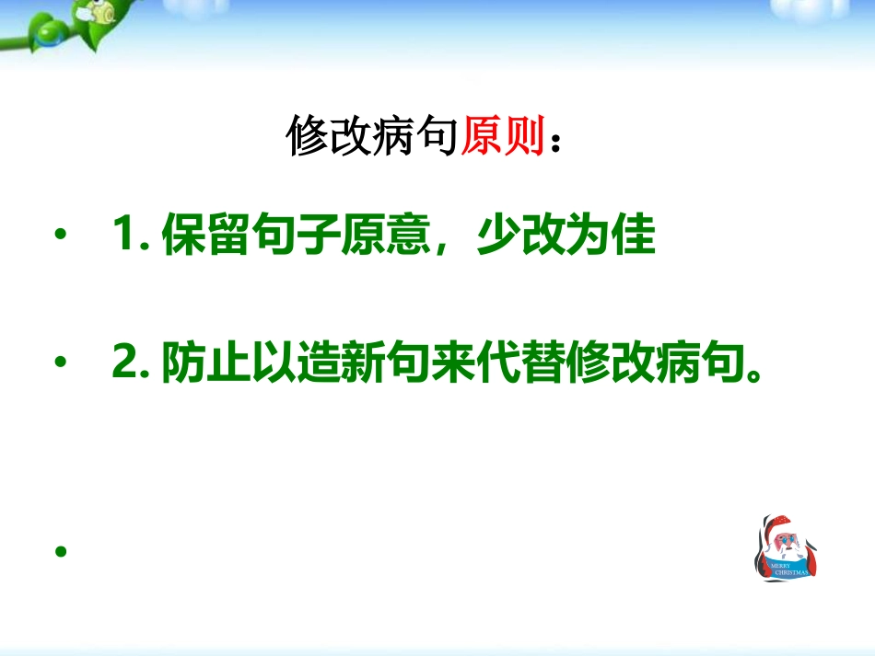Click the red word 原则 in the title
(502, 135)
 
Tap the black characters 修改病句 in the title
(372, 135)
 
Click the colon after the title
(554, 142)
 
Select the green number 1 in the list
(123, 233)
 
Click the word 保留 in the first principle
(204, 234)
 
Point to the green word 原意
(385, 234)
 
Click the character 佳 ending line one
(634, 234)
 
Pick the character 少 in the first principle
(498, 234)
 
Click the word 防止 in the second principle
(205, 362)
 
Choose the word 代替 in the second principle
(521, 362)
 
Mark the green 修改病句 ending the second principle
(656, 362)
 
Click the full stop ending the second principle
(754, 374)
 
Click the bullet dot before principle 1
(61, 234)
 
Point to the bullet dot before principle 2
(61, 362)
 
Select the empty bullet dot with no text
(61, 551)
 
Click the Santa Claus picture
(787, 547)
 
